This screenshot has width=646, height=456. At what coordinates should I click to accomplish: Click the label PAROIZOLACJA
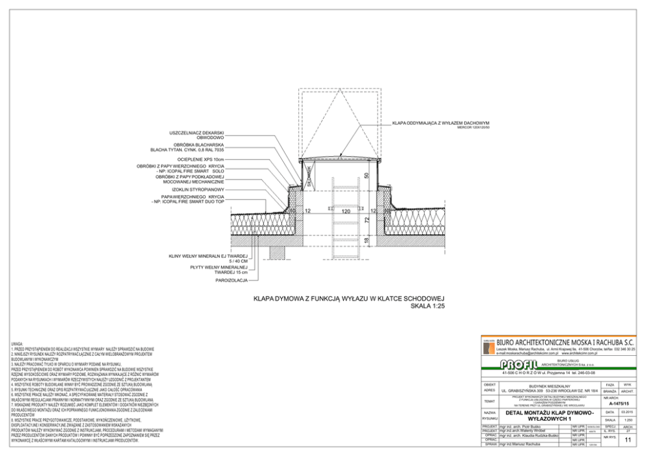pyautogui.click(x=232, y=280)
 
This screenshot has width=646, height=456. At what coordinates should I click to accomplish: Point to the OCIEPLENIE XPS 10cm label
pyautogui.click(x=201, y=159)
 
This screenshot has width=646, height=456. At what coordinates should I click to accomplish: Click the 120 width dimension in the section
pyautogui.click(x=346, y=211)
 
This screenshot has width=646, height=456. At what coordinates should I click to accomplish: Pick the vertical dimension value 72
pyautogui.click(x=367, y=221)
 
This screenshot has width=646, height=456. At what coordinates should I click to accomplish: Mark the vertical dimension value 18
pyautogui.click(x=367, y=241)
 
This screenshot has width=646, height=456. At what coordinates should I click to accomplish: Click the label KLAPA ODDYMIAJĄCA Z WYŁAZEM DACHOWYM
pyautogui.click(x=440, y=122)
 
